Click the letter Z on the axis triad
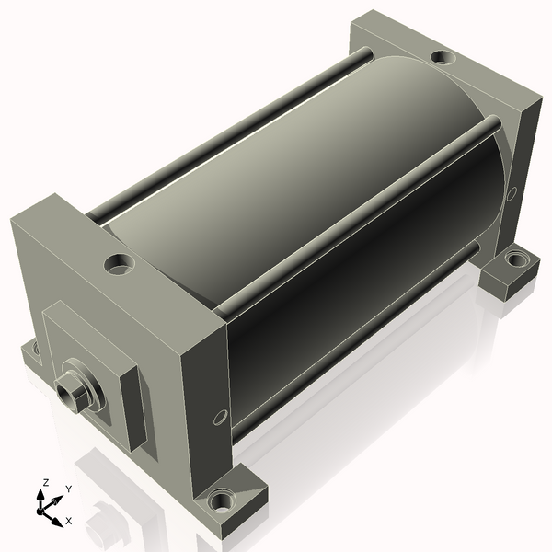click(x=45, y=482)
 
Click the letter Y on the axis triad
click(x=69, y=489)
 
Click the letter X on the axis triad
click(x=69, y=521)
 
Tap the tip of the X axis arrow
click(x=63, y=527)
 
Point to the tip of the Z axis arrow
click(x=40, y=490)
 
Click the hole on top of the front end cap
click(x=120, y=264)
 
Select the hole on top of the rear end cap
click(x=443, y=57)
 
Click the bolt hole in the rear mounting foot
click(x=516, y=259)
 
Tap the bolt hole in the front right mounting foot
click(x=221, y=500)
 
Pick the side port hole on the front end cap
click(x=221, y=417)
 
